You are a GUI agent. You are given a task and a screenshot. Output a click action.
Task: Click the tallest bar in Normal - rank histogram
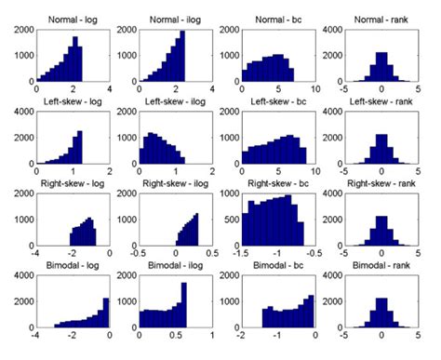tap(381, 67)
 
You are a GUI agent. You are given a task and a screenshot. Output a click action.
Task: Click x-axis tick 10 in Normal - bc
tap(315, 92)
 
